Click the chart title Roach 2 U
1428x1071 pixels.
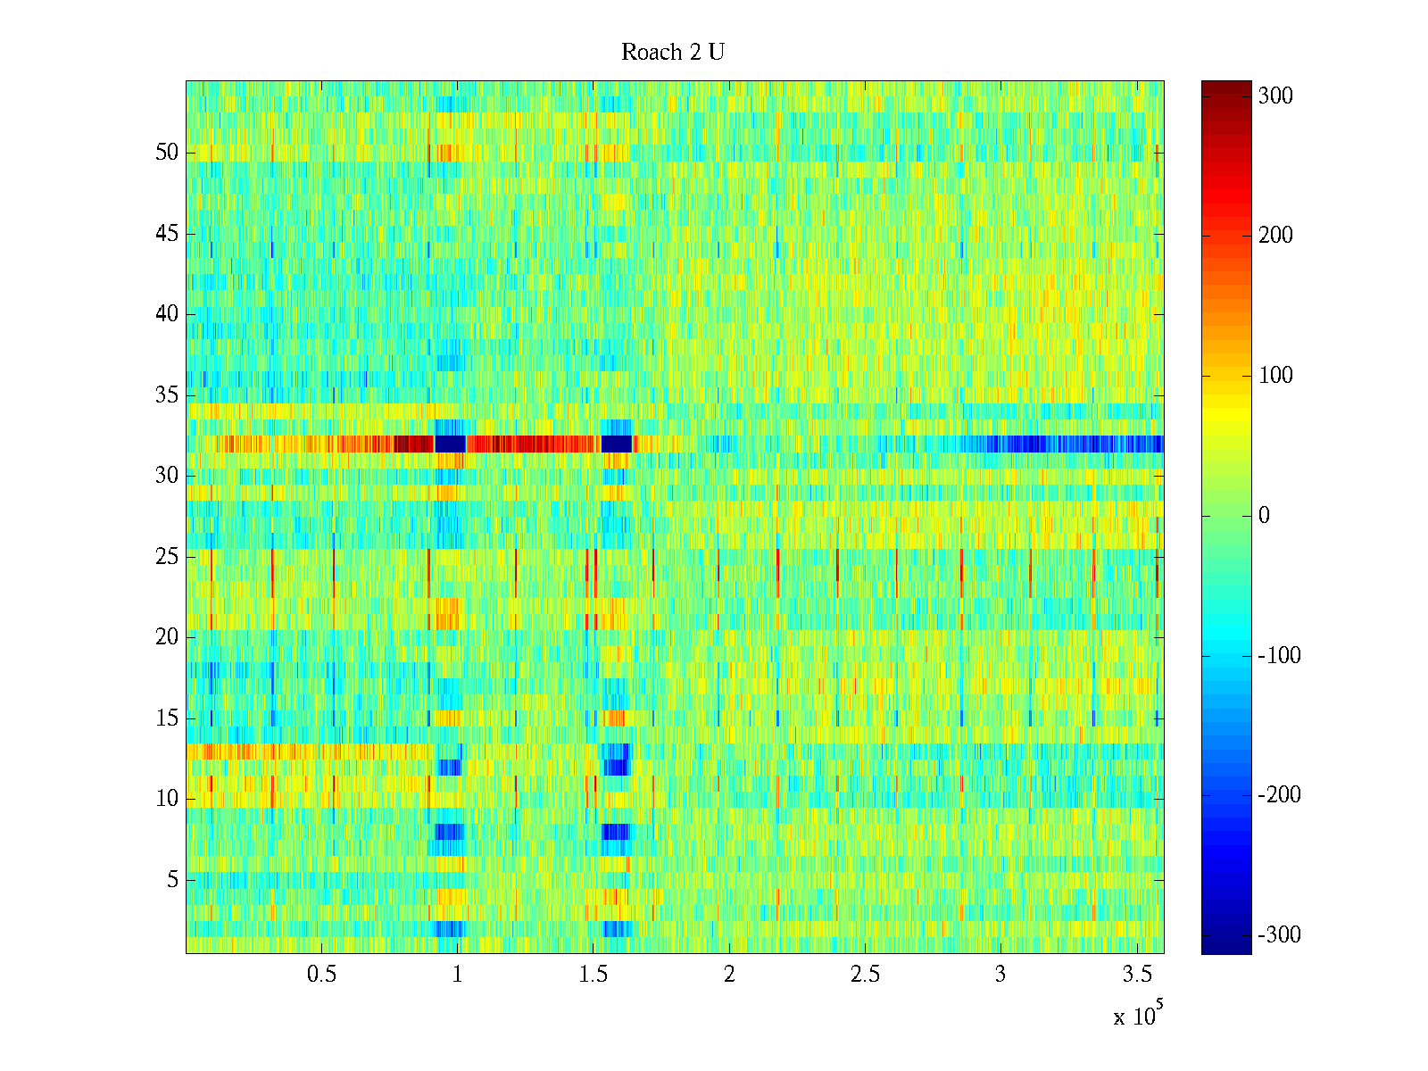click(x=673, y=53)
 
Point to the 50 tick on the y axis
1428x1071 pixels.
click(x=167, y=153)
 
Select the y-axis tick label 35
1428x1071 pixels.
click(x=167, y=395)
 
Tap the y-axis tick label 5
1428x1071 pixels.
click(x=172, y=880)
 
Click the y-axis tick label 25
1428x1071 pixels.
click(x=167, y=557)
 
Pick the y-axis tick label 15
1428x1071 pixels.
click(x=167, y=718)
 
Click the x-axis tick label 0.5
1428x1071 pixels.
click(x=321, y=975)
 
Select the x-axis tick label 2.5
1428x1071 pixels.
click(x=865, y=975)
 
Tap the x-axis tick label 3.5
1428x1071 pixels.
click(x=1136, y=975)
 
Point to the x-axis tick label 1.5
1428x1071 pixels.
click(x=594, y=975)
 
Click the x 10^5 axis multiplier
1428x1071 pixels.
click(x=1138, y=1015)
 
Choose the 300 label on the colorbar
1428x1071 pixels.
click(x=1275, y=96)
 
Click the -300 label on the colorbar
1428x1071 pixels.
click(x=1279, y=935)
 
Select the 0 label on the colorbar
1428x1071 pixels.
click(x=1264, y=516)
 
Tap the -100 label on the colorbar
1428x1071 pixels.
click(x=1279, y=656)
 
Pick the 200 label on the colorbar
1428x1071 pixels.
click(x=1275, y=236)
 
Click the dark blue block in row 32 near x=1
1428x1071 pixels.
click(x=450, y=444)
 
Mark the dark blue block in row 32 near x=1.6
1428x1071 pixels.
click(x=617, y=444)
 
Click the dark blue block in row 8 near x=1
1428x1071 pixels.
click(x=450, y=832)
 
